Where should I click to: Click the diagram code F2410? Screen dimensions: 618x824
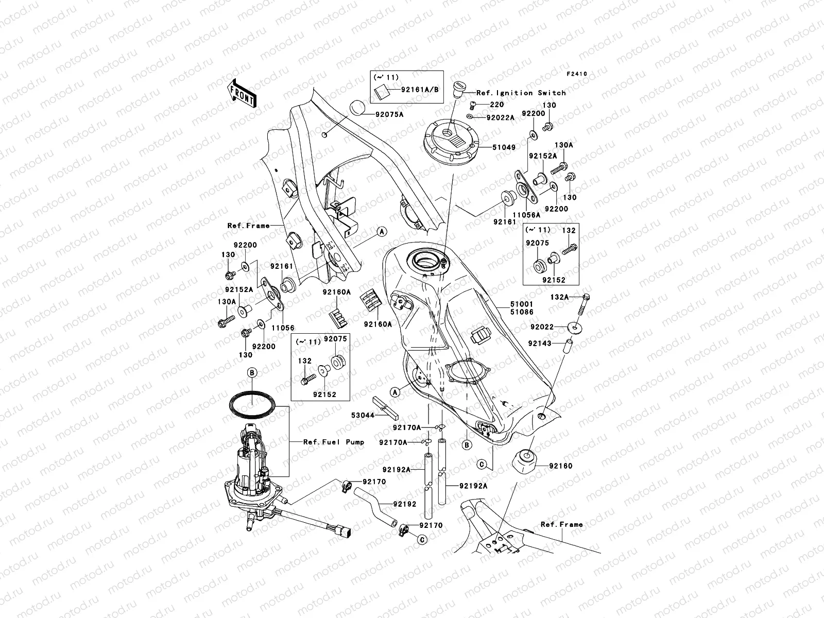coord(577,74)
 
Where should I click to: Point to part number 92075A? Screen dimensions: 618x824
coord(389,114)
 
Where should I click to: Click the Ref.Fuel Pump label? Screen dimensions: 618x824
coord(333,442)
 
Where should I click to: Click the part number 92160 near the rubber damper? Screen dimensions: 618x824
coord(560,466)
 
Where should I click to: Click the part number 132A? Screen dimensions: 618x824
coord(559,297)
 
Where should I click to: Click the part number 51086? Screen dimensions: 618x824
coord(522,313)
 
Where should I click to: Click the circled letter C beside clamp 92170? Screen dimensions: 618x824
coord(421,540)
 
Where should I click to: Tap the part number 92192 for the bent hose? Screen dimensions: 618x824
coord(404,505)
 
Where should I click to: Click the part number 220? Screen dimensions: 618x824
coord(496,105)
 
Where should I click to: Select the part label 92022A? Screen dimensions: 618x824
coord(501,117)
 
